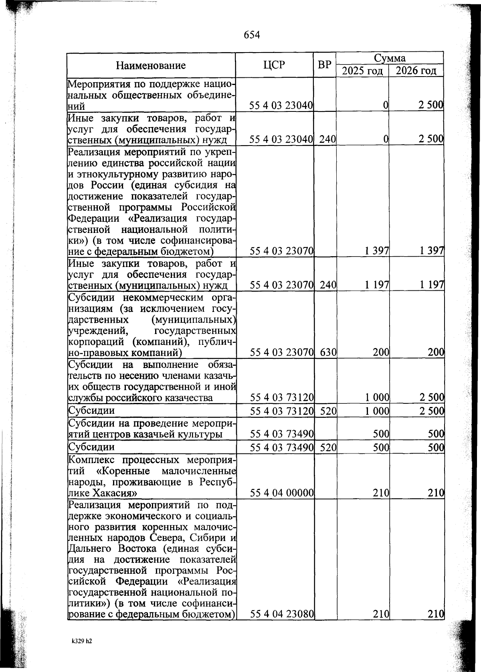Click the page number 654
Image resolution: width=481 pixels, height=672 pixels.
click(x=252, y=35)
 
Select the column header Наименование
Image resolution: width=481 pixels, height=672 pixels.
click(x=151, y=65)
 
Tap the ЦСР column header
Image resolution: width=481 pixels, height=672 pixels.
click(x=274, y=65)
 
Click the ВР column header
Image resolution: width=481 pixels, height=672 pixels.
click(x=324, y=65)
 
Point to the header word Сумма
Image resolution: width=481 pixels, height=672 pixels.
click(x=390, y=58)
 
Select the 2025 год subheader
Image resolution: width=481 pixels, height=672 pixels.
click(x=362, y=71)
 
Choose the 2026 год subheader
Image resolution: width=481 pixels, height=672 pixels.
click(x=416, y=71)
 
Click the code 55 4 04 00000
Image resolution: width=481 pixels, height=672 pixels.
click(x=281, y=493)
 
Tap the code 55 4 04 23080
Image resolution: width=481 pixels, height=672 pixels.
click(x=281, y=614)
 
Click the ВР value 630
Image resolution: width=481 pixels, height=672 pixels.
click(x=328, y=352)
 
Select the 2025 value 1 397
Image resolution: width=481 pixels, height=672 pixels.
click(x=377, y=251)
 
